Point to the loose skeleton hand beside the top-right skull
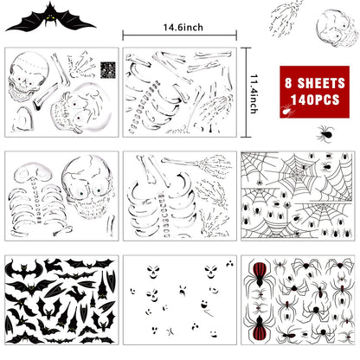coord(286,18)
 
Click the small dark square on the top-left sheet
coord(108,68)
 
